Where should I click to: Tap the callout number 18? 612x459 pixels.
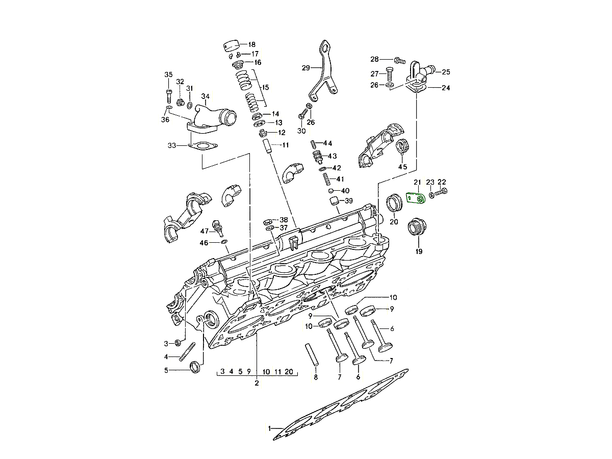(x=252, y=44)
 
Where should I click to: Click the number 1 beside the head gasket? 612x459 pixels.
(x=269, y=428)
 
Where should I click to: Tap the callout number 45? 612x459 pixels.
(x=403, y=167)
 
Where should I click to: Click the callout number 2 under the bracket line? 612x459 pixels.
(x=257, y=382)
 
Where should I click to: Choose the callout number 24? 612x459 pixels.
(x=446, y=88)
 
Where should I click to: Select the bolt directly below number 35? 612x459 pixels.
(x=168, y=95)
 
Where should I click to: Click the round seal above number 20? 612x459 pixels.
(x=395, y=202)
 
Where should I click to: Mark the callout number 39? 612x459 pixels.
(x=349, y=200)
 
